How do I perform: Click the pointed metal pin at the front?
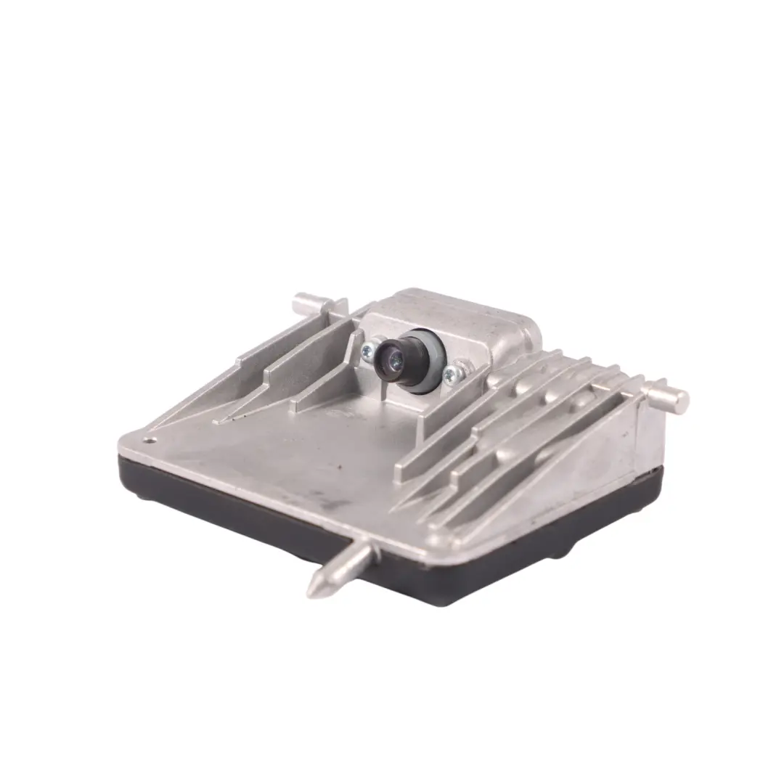coord(341,569)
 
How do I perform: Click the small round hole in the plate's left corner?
coord(151,439)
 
